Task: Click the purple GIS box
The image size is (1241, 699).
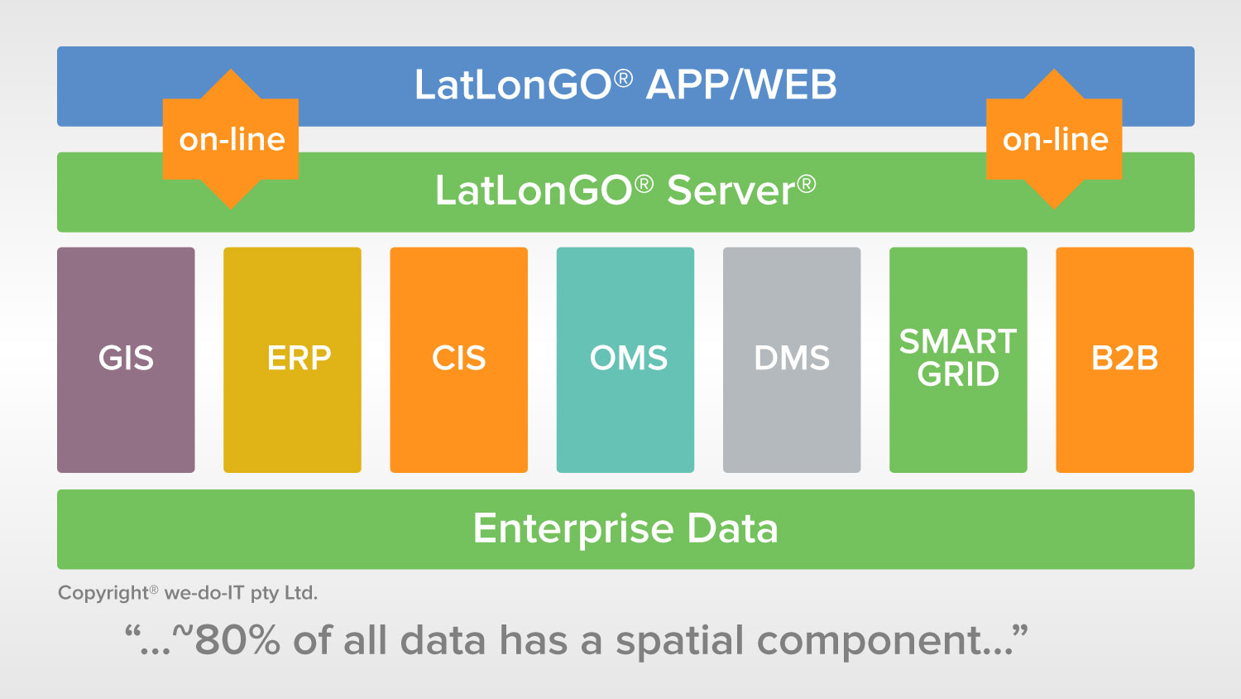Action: click(x=126, y=360)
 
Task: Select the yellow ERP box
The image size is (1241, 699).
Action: click(x=293, y=360)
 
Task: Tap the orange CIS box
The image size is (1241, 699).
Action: click(x=458, y=360)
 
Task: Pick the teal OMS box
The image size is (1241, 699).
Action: click(x=625, y=360)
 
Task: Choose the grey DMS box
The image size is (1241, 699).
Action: click(x=792, y=360)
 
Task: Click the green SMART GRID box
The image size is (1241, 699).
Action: click(x=958, y=360)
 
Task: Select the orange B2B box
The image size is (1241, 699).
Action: click(x=1124, y=360)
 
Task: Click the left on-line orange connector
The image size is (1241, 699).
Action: click(x=231, y=138)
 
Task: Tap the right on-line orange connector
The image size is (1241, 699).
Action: click(x=1054, y=138)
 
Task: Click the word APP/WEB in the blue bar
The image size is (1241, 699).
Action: click(x=741, y=84)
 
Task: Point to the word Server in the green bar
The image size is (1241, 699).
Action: click(x=731, y=190)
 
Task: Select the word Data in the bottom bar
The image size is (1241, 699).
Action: click(x=732, y=528)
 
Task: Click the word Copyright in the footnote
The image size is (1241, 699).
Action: click(x=103, y=594)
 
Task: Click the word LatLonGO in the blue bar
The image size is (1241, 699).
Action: click(x=513, y=84)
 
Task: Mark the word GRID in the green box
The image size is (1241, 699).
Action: click(x=958, y=374)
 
